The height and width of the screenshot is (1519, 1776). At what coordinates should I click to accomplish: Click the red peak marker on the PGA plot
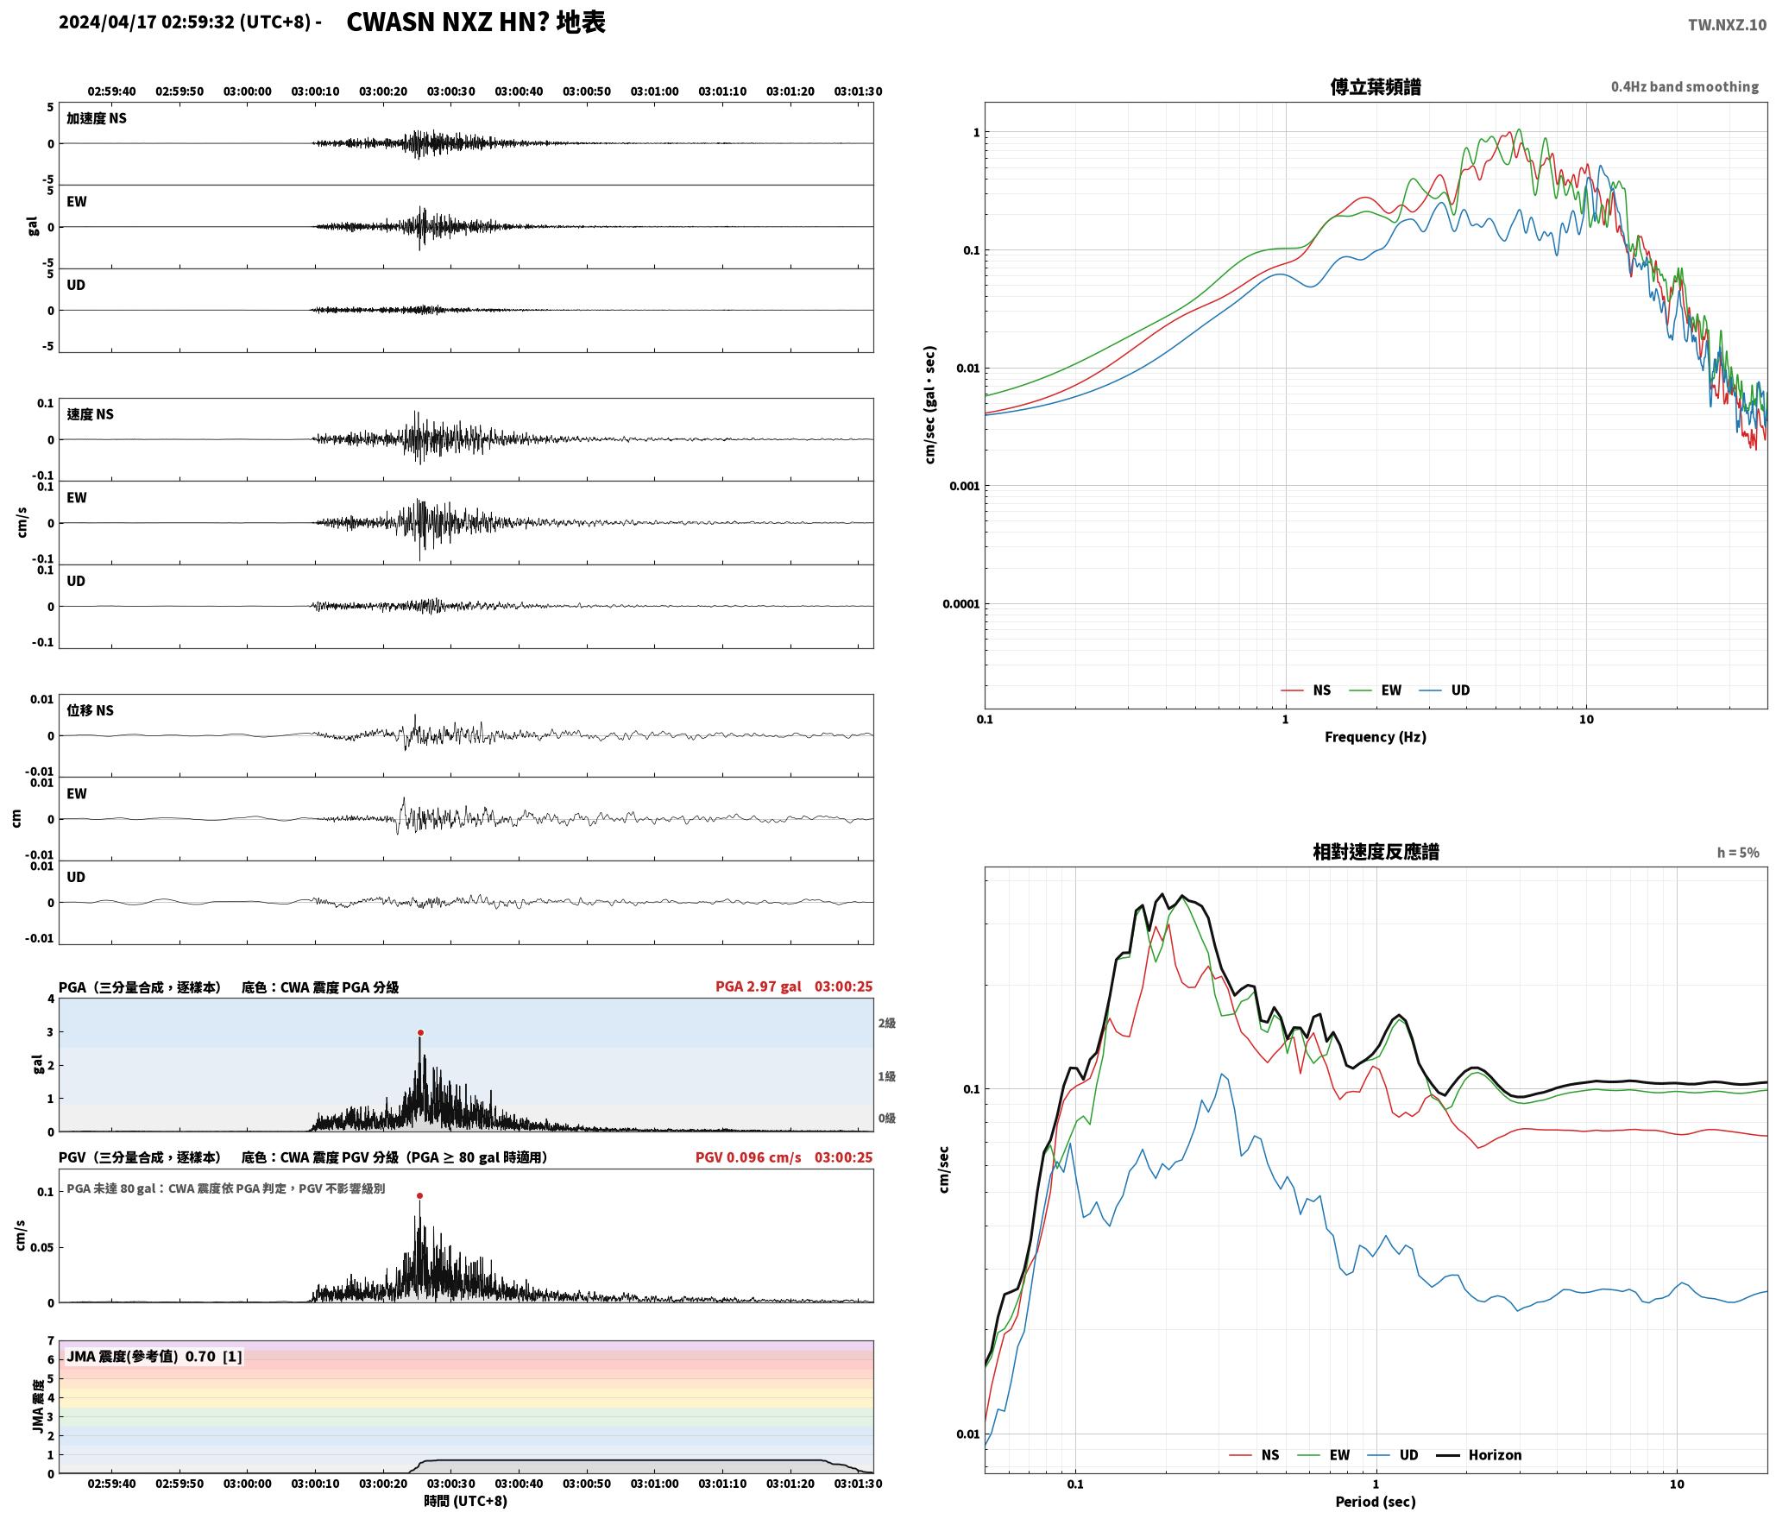click(x=420, y=1032)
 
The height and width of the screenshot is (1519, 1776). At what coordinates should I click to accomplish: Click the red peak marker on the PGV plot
click(x=419, y=1195)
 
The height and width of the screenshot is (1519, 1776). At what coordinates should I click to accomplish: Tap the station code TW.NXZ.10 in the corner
click(x=1727, y=24)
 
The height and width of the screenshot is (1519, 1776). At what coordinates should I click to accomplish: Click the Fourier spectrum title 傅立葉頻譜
click(x=1376, y=86)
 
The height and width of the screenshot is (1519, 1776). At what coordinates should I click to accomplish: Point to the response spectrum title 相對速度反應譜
click(x=1376, y=851)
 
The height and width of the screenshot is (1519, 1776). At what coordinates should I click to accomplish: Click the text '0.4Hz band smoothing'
click(x=1685, y=86)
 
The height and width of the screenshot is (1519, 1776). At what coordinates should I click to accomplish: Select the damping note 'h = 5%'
click(x=1738, y=852)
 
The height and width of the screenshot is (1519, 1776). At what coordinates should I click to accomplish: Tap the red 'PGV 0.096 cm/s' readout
click(x=748, y=1157)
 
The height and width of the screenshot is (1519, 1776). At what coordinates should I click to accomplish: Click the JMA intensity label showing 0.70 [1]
click(x=154, y=1356)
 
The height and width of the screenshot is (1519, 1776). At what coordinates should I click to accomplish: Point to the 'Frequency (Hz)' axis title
click(x=1376, y=736)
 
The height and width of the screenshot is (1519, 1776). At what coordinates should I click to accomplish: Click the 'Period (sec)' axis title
click(x=1376, y=1501)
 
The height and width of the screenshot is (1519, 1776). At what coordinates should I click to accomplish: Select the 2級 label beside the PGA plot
click(x=886, y=1023)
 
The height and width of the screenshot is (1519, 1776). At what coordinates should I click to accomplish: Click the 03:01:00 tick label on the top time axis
click(x=654, y=91)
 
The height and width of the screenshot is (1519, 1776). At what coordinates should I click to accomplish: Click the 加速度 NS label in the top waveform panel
click(x=97, y=118)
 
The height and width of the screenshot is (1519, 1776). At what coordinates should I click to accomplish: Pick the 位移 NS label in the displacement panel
click(x=91, y=710)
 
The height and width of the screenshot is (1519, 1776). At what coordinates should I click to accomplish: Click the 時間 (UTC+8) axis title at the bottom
click(x=465, y=1501)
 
